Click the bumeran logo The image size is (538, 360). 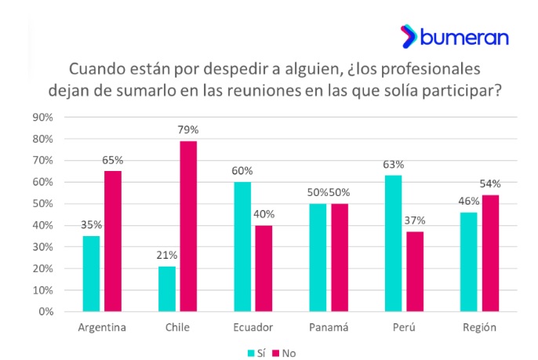(454, 37)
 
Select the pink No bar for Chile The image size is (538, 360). (187, 226)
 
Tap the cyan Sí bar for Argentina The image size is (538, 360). (90, 274)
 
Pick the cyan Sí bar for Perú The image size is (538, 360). (393, 243)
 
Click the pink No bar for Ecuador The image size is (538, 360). (264, 268)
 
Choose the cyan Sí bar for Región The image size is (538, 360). (469, 261)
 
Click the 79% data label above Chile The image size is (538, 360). (187, 130)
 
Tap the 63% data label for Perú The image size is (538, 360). (393, 165)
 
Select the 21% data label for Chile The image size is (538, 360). (167, 256)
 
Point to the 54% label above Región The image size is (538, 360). (490, 184)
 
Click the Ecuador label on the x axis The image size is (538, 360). (253, 327)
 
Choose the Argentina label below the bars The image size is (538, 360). (103, 327)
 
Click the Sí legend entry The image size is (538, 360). (256, 352)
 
